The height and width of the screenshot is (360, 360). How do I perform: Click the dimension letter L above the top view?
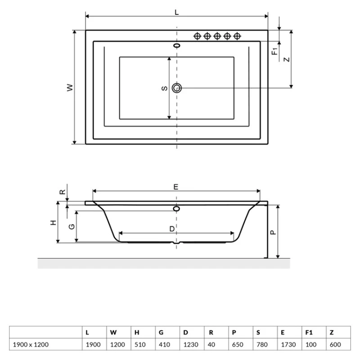point(176,13)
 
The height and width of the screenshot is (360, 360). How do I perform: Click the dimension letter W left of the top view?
point(69,88)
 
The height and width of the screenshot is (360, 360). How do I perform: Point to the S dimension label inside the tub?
point(165,88)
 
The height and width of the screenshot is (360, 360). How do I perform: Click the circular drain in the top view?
point(177,88)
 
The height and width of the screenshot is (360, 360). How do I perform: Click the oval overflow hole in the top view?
point(177,45)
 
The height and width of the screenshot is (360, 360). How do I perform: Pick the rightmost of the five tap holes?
point(237,36)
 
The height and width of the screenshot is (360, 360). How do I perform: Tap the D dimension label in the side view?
point(172,229)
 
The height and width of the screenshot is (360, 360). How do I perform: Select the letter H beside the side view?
point(52,223)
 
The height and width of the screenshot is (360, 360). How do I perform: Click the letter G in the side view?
point(71,226)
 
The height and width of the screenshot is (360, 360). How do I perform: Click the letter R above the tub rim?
point(63,192)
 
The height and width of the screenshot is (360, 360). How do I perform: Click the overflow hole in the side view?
point(176,208)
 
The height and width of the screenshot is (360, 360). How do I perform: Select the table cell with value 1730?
point(286,345)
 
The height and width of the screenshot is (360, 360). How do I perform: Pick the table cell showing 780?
point(261,345)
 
